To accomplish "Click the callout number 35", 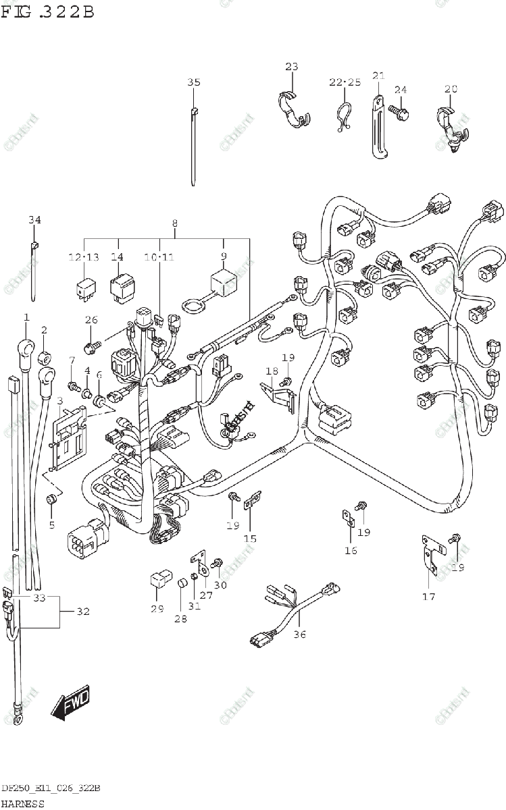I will click(x=194, y=82).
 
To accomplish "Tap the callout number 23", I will click(x=291, y=66).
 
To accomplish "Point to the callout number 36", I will click(x=300, y=634).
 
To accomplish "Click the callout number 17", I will click(x=429, y=596).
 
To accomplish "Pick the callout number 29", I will click(x=157, y=610).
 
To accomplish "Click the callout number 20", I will click(x=451, y=88).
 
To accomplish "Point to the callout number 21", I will click(x=378, y=75).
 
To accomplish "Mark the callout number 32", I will click(x=82, y=612).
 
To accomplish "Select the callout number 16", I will click(x=351, y=550).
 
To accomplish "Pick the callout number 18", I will click(x=272, y=371).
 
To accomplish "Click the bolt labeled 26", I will click(x=91, y=347).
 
